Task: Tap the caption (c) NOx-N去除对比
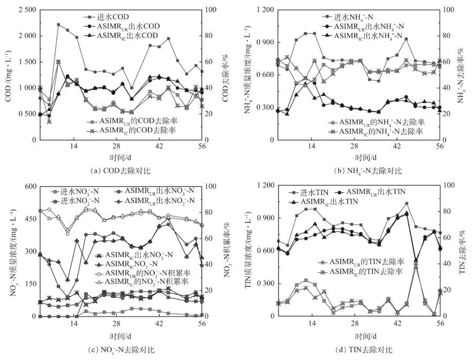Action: [x=123, y=349]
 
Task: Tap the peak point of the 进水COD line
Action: [x=58, y=25]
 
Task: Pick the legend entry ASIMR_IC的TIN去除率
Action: [x=370, y=272]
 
